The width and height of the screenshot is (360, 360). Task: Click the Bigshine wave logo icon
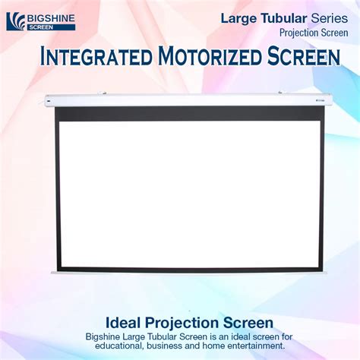[16, 21]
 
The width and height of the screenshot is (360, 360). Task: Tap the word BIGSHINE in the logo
[51, 18]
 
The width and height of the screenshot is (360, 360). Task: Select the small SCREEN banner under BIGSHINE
[51, 27]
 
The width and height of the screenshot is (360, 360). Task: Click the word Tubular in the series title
[284, 18]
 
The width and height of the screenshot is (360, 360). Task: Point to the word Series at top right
[330, 18]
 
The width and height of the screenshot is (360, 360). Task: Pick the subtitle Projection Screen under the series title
[314, 33]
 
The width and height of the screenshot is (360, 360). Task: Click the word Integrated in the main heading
[96, 56]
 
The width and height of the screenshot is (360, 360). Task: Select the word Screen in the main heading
[304, 56]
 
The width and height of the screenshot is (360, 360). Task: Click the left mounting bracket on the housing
[103, 93]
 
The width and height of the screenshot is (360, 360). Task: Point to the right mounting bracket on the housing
[281, 93]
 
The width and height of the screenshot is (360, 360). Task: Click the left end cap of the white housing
[48, 100]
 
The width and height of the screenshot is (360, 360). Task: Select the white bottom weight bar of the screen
[189, 273]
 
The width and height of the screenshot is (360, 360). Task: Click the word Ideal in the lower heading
[123, 323]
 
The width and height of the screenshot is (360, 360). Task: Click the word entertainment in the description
[256, 346]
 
